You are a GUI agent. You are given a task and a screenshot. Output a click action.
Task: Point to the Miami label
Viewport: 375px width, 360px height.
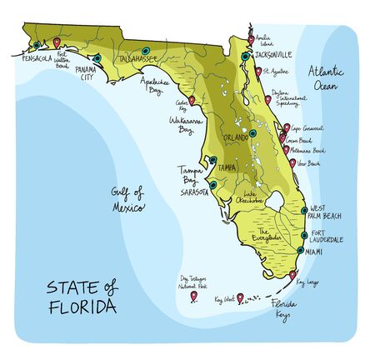pos(315,250)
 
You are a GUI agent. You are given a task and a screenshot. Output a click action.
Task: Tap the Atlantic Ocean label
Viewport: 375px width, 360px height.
pos(327,77)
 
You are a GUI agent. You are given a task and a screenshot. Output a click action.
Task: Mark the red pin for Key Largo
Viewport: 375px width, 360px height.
pos(293,273)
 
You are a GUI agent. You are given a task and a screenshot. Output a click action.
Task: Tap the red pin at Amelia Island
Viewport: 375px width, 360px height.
pos(252,38)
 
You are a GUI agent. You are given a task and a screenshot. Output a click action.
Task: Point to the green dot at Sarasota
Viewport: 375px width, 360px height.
pos(212,184)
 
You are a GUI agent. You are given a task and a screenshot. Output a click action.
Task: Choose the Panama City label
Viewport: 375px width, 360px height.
pos(87,72)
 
